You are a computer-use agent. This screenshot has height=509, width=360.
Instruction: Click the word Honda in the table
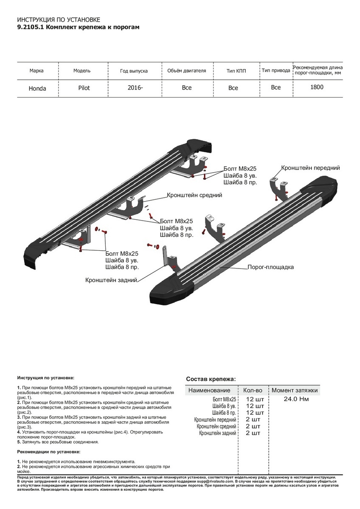tap(37, 89)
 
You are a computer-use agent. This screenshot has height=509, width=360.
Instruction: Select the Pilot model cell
tap(84, 88)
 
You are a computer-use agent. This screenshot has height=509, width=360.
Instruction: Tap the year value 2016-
tap(135, 88)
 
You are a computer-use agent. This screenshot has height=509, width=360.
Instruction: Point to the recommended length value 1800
tap(317, 87)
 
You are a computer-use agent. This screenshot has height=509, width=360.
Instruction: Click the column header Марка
tap(37, 71)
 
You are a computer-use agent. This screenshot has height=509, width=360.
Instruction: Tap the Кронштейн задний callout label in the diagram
tap(110, 280)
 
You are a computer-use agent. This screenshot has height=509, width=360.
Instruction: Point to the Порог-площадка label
tap(271, 267)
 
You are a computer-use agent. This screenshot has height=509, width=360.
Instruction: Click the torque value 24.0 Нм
tap(296, 399)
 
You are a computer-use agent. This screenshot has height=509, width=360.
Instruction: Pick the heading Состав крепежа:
tap(211, 379)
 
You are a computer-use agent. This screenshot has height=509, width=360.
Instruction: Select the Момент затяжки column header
tap(295, 390)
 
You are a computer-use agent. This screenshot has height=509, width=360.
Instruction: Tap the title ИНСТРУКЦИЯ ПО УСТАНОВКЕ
tap(59, 20)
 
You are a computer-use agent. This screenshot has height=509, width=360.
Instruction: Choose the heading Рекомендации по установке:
tap(49, 452)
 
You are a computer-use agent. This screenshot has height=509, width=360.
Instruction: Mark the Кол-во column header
tap(253, 390)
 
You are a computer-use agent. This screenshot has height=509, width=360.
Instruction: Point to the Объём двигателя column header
tap(186, 71)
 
